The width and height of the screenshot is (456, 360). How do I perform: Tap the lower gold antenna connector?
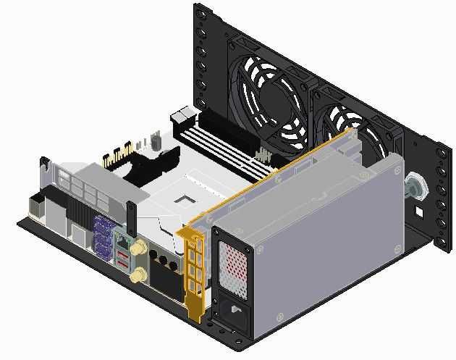pyautogui.click(x=137, y=275)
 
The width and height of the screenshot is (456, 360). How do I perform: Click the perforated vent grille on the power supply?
pyautogui.click(x=235, y=264)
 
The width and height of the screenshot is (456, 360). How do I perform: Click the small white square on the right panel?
pyautogui.click(x=418, y=212)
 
